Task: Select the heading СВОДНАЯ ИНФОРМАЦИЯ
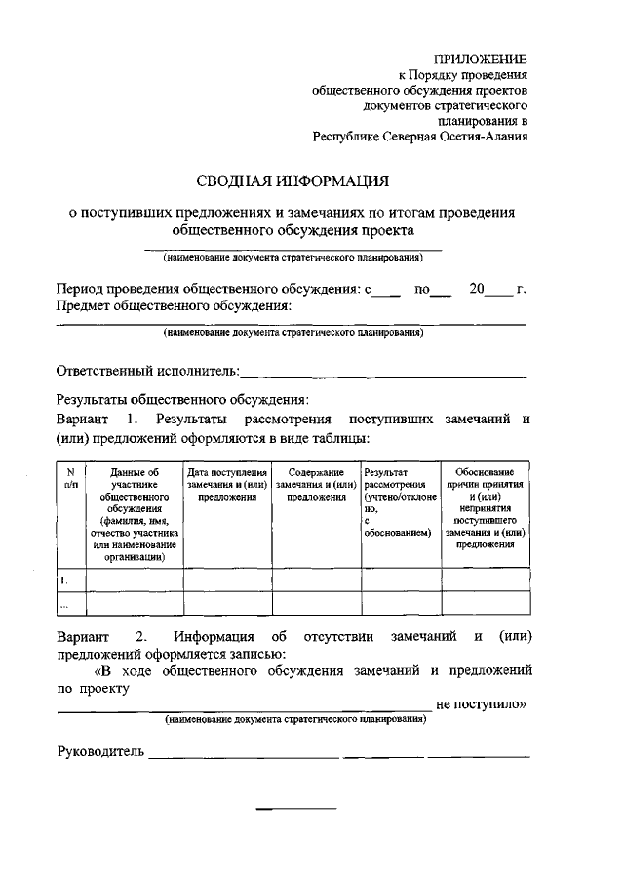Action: pos(292,181)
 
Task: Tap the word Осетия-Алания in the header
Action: pos(482,137)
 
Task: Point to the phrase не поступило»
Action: pos(481,702)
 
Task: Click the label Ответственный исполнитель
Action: pos(146,371)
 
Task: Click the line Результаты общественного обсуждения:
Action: pos(182,398)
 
